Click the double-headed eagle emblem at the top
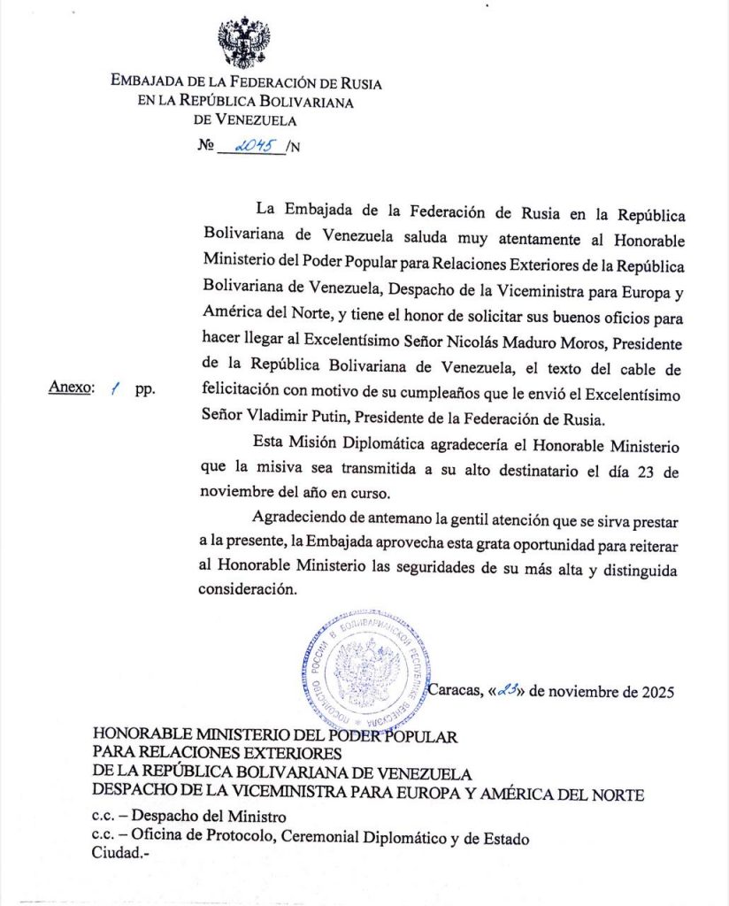click(244, 42)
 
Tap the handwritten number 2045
click(250, 145)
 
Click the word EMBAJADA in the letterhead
click(145, 84)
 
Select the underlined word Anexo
click(69, 388)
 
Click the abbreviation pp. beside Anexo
click(144, 389)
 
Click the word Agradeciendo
click(297, 517)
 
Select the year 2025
click(656, 692)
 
